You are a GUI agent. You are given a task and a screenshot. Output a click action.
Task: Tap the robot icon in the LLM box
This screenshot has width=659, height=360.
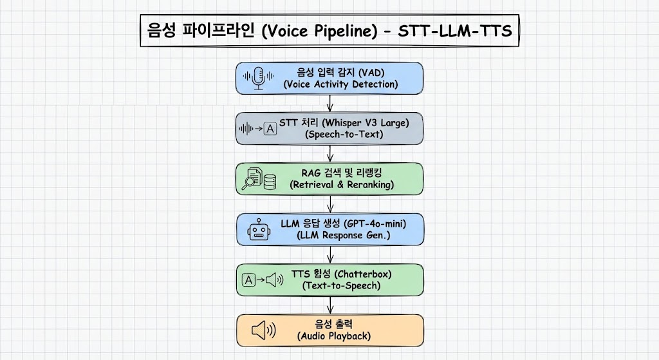tap(259, 229)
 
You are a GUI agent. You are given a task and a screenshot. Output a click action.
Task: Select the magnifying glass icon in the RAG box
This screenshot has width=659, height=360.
tap(249, 182)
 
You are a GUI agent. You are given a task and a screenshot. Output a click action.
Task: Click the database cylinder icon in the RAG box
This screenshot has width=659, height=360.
tap(270, 182)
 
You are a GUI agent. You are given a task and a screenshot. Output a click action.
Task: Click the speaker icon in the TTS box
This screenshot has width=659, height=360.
tap(275, 279)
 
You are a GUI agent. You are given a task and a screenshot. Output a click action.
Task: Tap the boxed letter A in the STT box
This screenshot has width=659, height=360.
tap(270, 129)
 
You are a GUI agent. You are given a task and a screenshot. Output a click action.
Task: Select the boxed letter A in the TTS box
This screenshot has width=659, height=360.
tap(248, 279)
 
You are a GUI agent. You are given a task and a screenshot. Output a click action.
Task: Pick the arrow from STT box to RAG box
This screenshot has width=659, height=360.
tap(330, 153)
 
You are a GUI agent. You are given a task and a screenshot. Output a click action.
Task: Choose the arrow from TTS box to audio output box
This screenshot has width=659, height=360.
tap(330, 305)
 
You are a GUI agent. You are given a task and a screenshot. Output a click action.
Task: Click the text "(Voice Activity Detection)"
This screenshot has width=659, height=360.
tap(340, 84)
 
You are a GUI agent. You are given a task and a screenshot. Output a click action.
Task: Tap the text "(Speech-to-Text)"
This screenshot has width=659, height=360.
tap(343, 134)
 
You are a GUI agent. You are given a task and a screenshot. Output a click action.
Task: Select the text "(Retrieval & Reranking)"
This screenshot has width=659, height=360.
tap(342, 184)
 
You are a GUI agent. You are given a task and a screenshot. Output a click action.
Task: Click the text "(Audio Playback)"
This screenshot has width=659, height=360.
tap(334, 336)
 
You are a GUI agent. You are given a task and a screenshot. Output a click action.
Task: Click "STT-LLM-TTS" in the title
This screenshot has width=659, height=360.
tap(454, 31)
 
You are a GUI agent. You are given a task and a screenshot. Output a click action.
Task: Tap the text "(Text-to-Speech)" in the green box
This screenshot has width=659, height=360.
tap(341, 285)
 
